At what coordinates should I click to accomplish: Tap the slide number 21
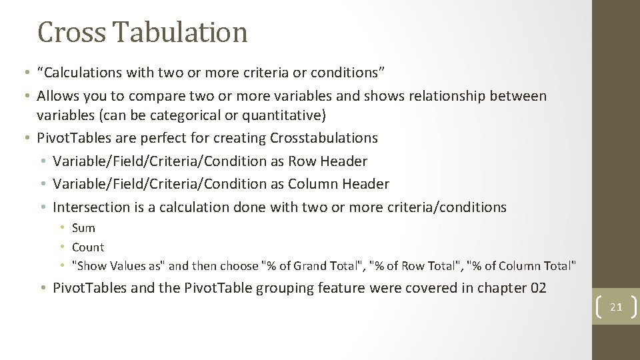tap(616, 307)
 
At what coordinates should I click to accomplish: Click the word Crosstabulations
tap(324, 138)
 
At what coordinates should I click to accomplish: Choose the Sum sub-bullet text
tap(83, 228)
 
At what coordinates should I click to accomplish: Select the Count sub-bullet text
tap(88, 247)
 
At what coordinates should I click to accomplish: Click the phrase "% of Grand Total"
tap(313, 266)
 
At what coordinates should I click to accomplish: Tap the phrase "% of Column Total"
tap(522, 266)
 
